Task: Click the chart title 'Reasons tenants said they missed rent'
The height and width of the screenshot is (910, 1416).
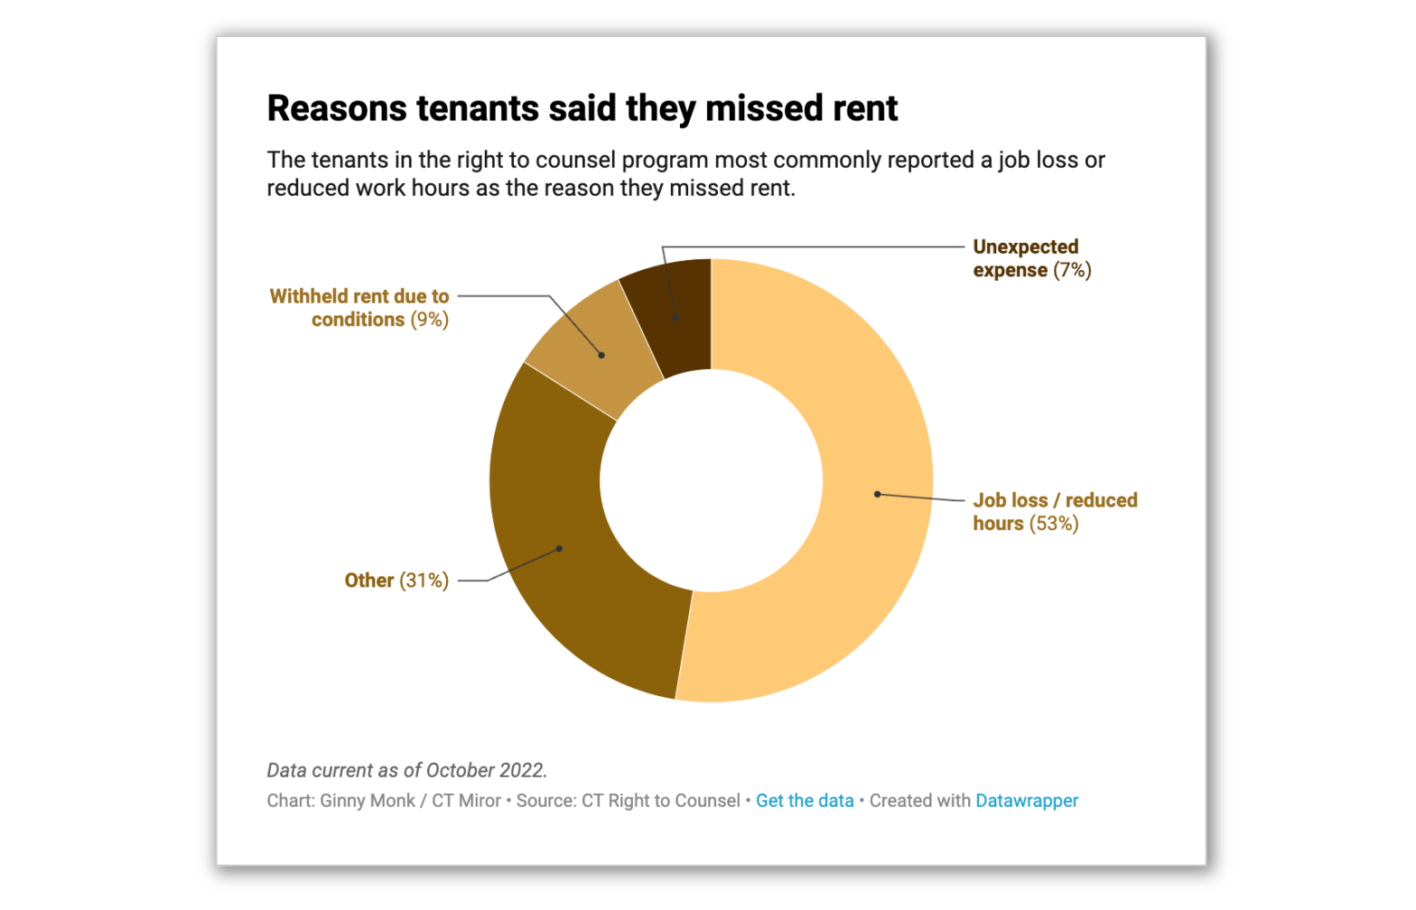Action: tap(582, 108)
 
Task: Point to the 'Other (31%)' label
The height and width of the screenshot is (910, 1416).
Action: tap(396, 580)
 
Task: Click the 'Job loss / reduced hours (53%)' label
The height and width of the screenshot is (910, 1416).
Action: tap(1053, 512)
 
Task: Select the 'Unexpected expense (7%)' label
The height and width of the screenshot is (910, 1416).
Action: tap(1031, 258)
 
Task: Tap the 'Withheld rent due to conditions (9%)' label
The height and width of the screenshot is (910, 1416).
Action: tap(359, 308)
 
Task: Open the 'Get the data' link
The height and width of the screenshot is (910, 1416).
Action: tap(804, 801)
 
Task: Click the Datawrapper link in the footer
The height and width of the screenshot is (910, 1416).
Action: tap(1026, 801)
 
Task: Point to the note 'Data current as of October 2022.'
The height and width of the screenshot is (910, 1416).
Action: tap(406, 770)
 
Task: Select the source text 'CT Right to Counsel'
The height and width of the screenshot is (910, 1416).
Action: tap(660, 801)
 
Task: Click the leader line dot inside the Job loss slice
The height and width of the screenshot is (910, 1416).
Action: tap(877, 494)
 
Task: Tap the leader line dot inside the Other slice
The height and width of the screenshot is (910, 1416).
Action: tap(559, 548)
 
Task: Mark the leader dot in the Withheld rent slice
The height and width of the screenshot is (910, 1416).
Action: tap(601, 355)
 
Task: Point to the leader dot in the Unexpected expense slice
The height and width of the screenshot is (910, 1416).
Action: tap(675, 318)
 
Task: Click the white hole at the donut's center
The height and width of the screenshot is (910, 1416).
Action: tap(711, 480)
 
